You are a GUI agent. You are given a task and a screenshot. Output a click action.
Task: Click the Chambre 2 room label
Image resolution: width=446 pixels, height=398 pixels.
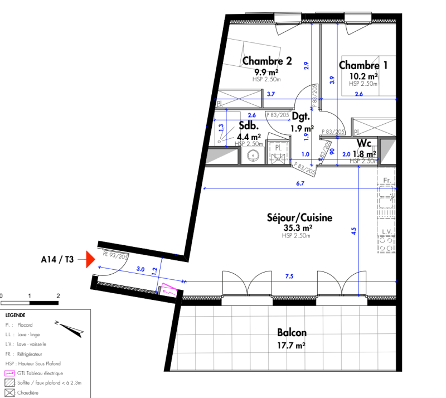click(x=267, y=61)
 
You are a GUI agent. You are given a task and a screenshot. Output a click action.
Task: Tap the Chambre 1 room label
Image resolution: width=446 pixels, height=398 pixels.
click(x=363, y=65)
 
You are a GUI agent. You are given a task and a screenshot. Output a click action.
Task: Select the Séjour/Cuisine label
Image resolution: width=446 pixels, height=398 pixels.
click(x=299, y=218)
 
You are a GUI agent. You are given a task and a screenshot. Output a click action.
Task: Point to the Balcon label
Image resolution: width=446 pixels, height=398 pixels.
click(x=292, y=333)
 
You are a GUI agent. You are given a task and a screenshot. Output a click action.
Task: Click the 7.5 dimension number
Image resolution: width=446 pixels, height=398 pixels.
click(x=289, y=275)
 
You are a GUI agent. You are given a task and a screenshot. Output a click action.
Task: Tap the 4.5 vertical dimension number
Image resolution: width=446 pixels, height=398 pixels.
click(x=354, y=230)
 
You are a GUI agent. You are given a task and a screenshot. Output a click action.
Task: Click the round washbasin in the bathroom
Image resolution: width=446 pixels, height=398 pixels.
click(x=253, y=156)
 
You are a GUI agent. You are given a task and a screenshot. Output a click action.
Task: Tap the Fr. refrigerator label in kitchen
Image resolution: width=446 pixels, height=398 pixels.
click(x=387, y=180)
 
